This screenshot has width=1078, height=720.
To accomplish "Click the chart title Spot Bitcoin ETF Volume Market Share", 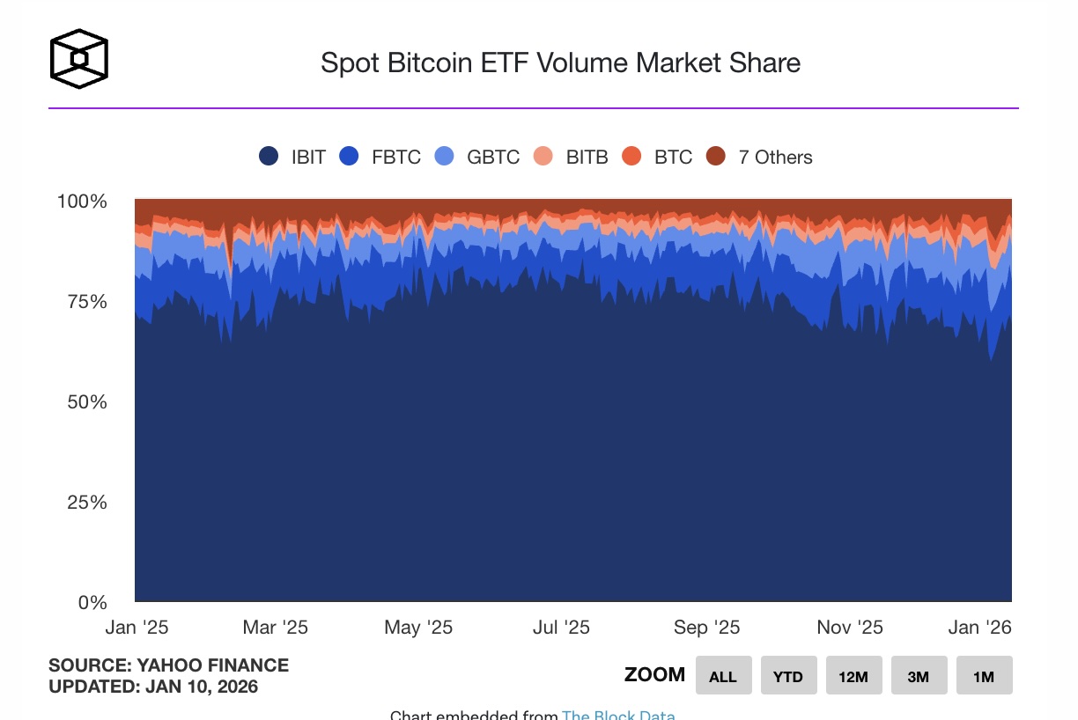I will coord(560,63).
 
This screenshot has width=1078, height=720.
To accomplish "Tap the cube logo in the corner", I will coord(79,59).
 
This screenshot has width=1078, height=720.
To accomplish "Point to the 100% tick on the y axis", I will coord(82,202).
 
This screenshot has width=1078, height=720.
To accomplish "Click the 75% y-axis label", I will coord(87,302).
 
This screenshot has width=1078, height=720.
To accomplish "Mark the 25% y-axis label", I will coord(87,503).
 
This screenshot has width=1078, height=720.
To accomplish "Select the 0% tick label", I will coord(92,603).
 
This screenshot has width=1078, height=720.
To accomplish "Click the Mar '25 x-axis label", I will coord(276,628).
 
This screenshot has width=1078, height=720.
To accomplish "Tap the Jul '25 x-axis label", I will coord(561,628).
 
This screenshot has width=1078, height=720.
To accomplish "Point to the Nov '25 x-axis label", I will coord(850,628).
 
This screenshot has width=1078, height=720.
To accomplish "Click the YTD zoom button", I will coord(788,676).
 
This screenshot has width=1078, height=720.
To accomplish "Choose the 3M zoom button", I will coord(919,676).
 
